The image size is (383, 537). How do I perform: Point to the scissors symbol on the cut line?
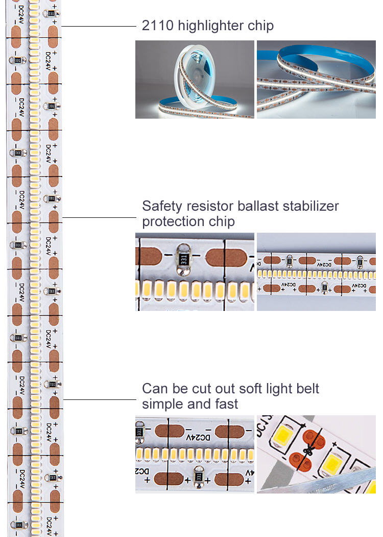pos(308,450)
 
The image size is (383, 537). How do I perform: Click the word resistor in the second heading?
pos(210,207)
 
